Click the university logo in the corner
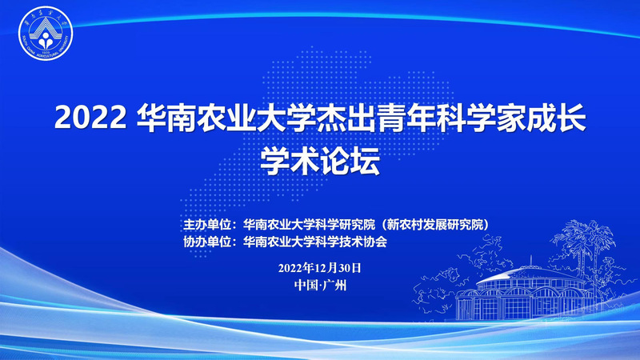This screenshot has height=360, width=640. click(46, 34)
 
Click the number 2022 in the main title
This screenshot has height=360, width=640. click(90, 118)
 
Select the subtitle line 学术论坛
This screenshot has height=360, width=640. click(321, 161)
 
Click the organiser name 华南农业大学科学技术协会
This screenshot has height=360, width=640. click(315, 242)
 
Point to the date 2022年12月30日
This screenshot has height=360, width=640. click(320, 268)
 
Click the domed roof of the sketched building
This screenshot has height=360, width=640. click(530, 274)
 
